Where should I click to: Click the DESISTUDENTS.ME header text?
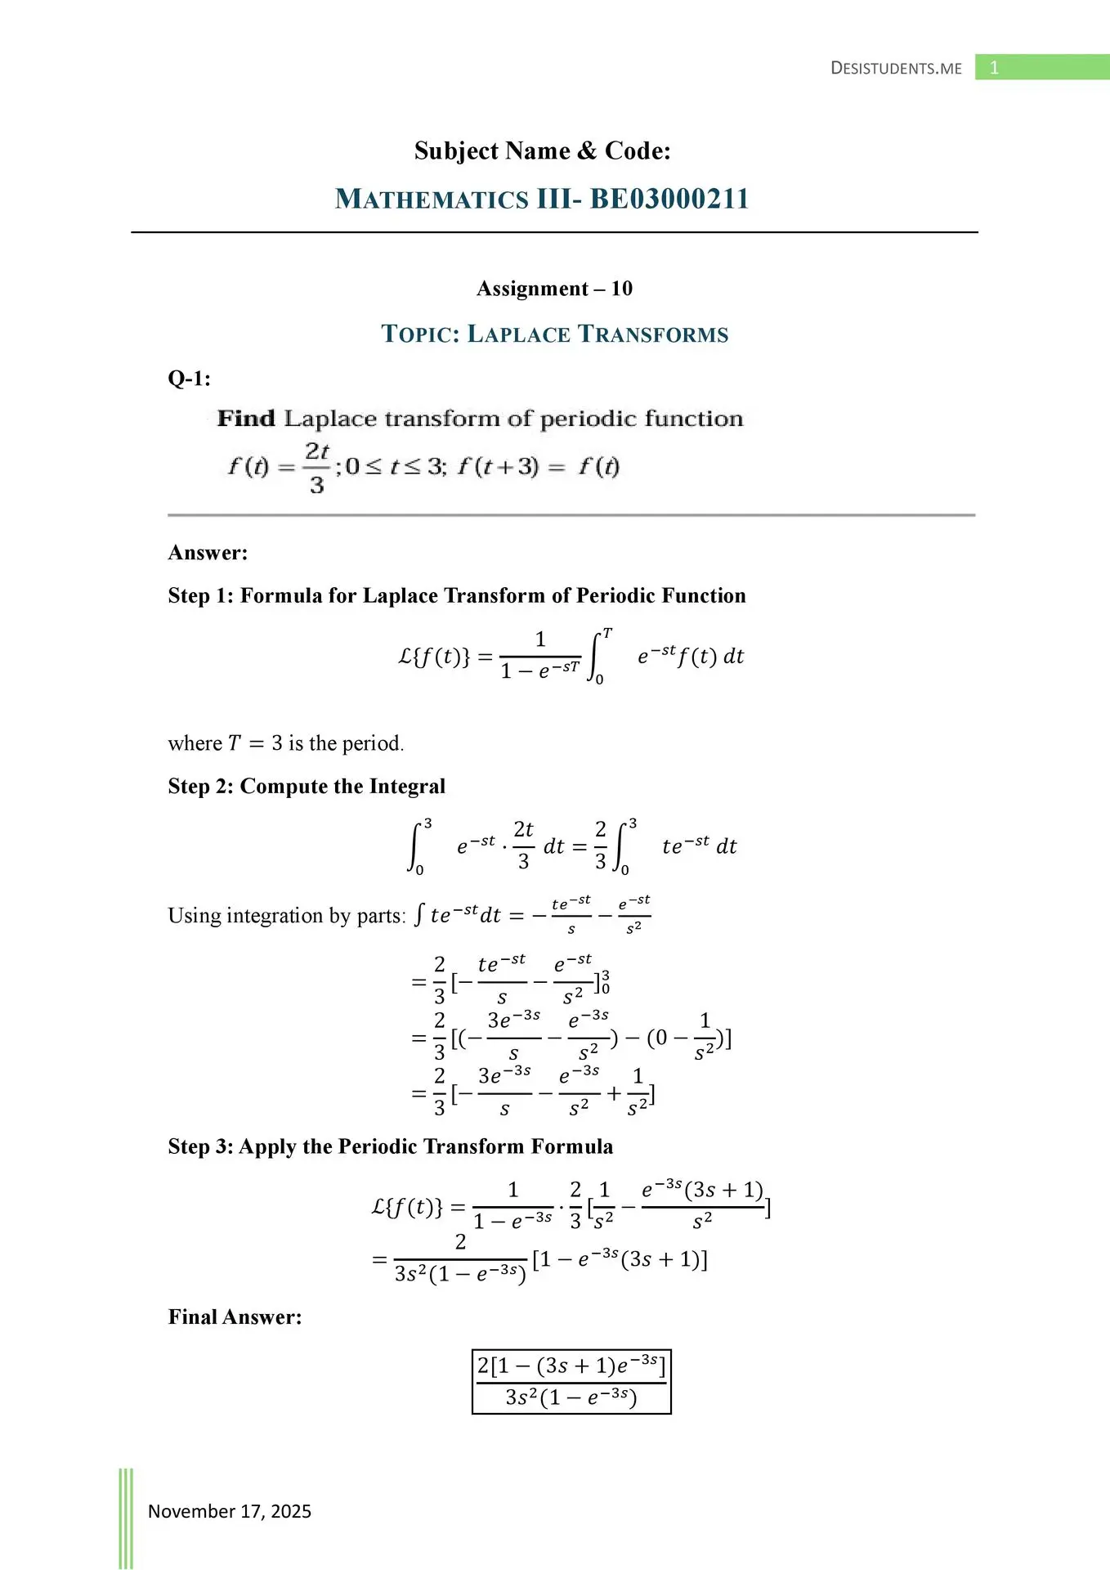(x=896, y=68)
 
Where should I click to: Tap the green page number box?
(x=1041, y=67)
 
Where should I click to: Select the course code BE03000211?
(x=669, y=199)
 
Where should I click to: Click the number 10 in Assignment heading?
(x=621, y=289)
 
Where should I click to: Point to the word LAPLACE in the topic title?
(x=518, y=334)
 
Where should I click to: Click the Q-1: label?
(x=189, y=379)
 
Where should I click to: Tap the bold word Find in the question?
(x=246, y=419)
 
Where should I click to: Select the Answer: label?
(x=208, y=553)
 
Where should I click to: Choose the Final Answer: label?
(x=235, y=1317)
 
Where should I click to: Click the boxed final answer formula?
(x=571, y=1381)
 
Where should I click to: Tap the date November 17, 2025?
(x=230, y=1511)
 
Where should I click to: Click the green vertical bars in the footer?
(x=126, y=1518)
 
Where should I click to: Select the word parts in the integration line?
(x=379, y=916)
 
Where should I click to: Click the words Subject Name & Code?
(x=542, y=151)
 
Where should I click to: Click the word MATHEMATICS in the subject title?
(x=432, y=199)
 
